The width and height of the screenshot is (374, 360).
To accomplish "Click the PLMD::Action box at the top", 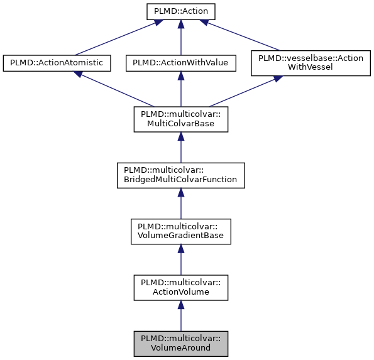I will point(180,11).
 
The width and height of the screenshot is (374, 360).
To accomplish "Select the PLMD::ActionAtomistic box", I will point(57,63).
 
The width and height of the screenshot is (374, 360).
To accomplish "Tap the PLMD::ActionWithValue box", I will point(180,63).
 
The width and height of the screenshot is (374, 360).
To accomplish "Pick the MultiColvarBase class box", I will point(180,119).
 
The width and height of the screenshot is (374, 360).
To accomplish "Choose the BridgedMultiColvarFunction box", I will point(180,175).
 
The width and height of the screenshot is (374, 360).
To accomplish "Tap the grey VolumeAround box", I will point(180,344).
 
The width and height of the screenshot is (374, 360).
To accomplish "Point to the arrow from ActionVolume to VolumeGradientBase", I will point(180,260).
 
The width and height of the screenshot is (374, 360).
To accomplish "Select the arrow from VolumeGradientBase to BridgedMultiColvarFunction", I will point(180,204).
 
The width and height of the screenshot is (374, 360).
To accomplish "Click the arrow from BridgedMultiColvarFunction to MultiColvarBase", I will point(180,148).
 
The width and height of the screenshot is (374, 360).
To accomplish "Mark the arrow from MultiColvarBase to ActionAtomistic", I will point(114,89).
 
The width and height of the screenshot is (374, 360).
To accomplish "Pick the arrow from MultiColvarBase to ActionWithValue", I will point(180,89).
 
